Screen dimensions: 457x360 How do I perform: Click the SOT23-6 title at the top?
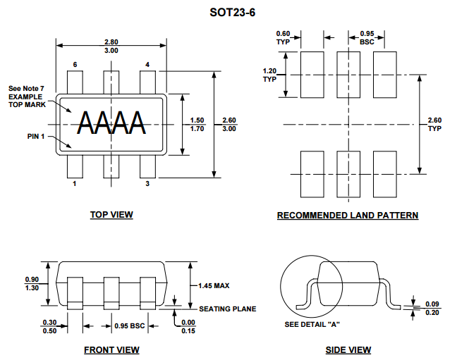click(x=232, y=13)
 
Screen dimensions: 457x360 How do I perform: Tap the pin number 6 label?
click(x=75, y=64)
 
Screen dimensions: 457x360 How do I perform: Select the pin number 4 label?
click(x=147, y=64)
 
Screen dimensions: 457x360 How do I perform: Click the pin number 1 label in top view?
click(x=75, y=183)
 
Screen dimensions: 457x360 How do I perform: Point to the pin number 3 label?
click(x=147, y=183)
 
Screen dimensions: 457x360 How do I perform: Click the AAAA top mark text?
click(x=111, y=123)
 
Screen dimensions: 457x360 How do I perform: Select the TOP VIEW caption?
click(x=111, y=214)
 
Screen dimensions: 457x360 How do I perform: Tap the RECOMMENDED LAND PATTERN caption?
click(x=348, y=216)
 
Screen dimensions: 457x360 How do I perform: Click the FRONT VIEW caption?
click(x=111, y=350)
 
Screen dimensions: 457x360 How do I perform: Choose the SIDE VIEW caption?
click(x=348, y=350)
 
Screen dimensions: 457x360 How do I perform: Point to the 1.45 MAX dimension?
click(x=214, y=286)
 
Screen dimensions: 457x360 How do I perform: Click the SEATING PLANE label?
click(x=228, y=309)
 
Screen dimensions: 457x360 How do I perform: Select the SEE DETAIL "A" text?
click(x=312, y=324)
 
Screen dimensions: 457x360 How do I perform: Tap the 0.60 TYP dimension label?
click(x=283, y=38)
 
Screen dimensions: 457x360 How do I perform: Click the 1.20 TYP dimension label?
click(x=269, y=75)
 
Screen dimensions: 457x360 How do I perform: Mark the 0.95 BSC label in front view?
click(x=129, y=325)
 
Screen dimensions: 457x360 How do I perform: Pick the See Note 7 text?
click(x=26, y=88)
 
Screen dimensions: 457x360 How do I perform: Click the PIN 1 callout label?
click(x=36, y=136)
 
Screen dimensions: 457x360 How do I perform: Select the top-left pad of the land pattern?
click(x=312, y=75)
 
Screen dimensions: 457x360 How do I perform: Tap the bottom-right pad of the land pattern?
click(x=385, y=174)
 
